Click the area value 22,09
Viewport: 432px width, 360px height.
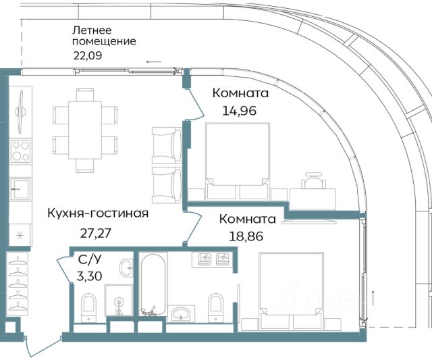[88, 55]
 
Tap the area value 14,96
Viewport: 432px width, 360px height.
[239, 111]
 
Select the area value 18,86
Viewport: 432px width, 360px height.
[246, 236]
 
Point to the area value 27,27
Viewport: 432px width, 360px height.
[96, 233]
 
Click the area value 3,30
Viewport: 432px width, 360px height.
[89, 276]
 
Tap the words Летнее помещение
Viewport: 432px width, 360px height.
[104, 36]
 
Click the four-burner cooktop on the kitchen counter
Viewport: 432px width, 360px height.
[20, 151]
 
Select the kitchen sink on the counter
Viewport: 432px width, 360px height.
[20, 189]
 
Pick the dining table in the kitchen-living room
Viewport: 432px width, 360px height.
[85, 130]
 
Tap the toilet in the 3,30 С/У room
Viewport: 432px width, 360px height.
[89, 307]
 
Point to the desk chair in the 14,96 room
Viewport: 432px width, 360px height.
[313, 180]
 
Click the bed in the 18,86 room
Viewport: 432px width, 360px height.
[292, 291]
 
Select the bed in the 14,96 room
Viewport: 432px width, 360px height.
[238, 161]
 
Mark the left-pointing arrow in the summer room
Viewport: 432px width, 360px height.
[154, 61]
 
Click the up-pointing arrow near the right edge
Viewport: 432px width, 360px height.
[373, 298]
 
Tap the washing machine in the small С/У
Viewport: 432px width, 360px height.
[119, 301]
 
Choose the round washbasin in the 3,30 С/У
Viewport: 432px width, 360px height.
[126, 267]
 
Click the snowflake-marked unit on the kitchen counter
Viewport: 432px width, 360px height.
[20, 235]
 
